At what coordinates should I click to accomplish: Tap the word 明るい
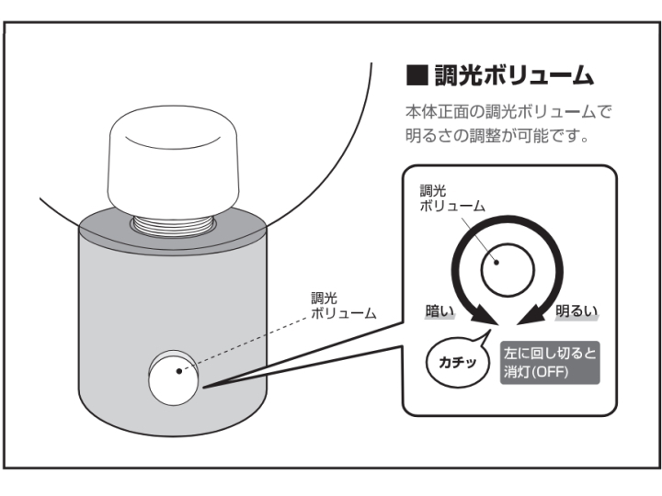click(576, 311)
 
